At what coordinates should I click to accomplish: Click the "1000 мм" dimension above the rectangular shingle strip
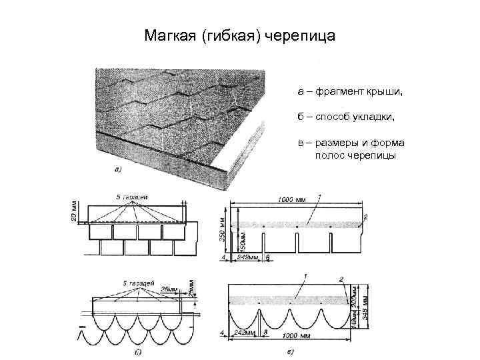click(x=291, y=199)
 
